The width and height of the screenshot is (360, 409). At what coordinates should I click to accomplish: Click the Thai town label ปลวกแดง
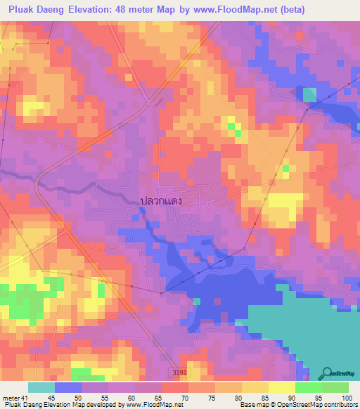[161, 201]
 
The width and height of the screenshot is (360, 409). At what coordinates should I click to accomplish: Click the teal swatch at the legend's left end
[41, 388]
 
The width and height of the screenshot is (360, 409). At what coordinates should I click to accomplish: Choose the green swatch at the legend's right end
[335, 388]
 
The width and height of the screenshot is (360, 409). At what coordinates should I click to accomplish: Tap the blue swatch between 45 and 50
[68, 388]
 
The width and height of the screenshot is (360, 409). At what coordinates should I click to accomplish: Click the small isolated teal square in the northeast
[309, 93]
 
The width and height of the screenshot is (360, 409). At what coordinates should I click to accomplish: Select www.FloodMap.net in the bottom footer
[148, 404]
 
